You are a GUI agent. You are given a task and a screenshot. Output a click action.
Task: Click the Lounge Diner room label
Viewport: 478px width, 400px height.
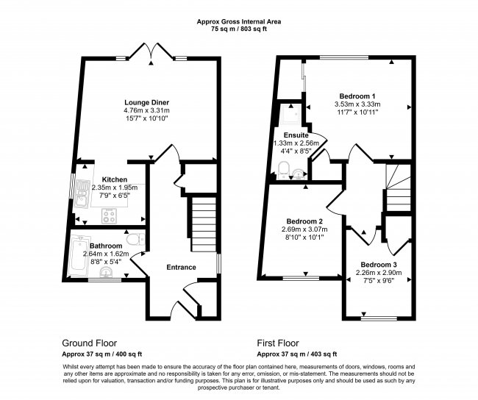(146, 102)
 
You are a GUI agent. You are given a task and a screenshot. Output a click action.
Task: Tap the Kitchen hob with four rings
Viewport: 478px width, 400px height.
(110, 215)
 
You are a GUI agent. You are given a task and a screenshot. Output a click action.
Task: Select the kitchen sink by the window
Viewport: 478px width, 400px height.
(82, 193)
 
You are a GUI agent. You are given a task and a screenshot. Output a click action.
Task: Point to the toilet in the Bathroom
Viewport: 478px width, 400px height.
(135, 239)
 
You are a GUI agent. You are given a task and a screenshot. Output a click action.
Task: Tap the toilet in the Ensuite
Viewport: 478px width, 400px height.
(284, 170)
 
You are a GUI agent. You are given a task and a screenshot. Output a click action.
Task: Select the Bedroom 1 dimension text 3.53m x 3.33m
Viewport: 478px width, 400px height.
(357, 104)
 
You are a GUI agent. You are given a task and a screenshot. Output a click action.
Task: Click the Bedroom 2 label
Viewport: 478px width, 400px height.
(304, 221)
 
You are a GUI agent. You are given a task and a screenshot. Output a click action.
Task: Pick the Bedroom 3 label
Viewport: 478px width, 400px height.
(379, 265)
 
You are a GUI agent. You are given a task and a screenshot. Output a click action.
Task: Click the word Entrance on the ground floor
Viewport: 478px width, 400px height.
(181, 268)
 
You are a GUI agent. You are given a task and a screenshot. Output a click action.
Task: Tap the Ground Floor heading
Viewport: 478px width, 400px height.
(89, 343)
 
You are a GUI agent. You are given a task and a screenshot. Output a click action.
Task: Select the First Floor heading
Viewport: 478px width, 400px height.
(278, 343)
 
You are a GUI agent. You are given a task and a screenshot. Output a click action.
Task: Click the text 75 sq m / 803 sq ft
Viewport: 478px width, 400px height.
(239, 29)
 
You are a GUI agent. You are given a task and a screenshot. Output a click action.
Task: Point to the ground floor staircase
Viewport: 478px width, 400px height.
(204, 224)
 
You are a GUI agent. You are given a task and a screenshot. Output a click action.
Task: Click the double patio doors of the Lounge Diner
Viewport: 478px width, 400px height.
(151, 51)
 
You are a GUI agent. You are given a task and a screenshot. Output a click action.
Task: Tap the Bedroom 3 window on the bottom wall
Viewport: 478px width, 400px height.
(379, 318)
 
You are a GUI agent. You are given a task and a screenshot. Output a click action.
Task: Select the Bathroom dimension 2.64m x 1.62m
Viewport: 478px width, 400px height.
(106, 254)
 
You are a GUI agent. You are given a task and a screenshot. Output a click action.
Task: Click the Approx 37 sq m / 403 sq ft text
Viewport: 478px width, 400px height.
(297, 354)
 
